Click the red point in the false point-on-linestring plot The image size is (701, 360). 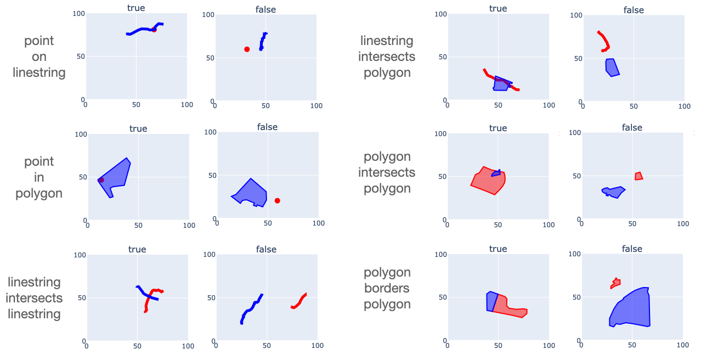(x=247, y=49)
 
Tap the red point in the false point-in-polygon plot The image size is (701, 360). (x=277, y=201)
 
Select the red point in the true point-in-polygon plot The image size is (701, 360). (x=101, y=180)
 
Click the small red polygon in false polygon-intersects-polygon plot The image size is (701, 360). (x=638, y=176)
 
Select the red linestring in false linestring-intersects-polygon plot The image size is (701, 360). (x=605, y=42)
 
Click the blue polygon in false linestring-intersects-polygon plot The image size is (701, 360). (x=612, y=67)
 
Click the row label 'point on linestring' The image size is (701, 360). (x=39, y=57)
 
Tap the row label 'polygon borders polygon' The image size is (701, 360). (x=387, y=288)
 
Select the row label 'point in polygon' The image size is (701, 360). (x=39, y=177)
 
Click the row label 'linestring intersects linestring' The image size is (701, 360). (x=35, y=298)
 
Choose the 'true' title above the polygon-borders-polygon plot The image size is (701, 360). (x=498, y=249)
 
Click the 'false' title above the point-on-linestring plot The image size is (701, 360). (x=265, y=9)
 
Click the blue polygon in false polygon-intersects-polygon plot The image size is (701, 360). (x=615, y=192)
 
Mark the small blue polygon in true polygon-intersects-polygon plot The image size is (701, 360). (x=496, y=173)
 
